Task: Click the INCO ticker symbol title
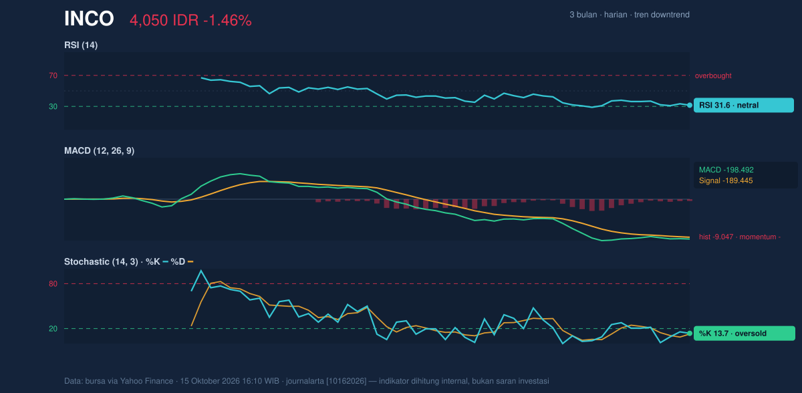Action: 89,19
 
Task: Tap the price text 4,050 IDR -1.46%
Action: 190,21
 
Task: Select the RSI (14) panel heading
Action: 81,45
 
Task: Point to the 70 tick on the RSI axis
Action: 53,76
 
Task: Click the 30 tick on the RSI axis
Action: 53,106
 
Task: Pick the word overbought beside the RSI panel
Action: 713,76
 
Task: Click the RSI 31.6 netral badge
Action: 744,105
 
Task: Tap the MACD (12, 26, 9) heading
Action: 99,150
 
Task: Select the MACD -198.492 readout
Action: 726,170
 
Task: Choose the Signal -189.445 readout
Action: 726,180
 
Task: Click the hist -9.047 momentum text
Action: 740,237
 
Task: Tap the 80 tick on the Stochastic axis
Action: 53,284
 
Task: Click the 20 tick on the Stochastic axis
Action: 53,329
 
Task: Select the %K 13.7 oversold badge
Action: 745,334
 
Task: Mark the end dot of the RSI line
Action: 690,105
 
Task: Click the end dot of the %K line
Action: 690,334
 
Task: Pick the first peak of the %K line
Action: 201,271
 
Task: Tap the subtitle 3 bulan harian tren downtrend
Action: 630,15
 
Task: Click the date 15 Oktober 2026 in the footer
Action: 209,381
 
